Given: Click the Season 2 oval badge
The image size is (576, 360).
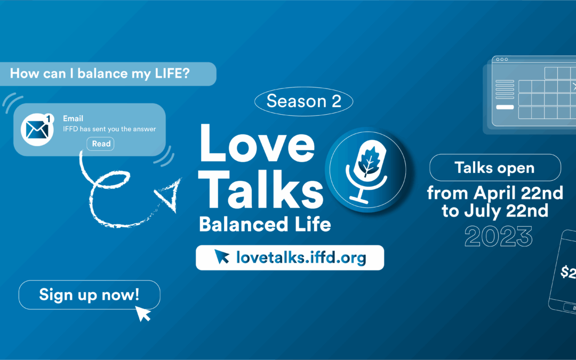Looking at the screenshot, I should point(303,101).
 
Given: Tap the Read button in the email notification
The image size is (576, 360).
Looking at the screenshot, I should point(101,143).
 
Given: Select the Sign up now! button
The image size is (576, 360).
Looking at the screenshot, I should point(89,294).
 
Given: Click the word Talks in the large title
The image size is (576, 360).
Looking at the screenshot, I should point(261,190).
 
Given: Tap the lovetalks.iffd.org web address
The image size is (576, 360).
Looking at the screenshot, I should point(301,258).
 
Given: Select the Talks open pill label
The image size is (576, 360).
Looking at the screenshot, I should point(494,168).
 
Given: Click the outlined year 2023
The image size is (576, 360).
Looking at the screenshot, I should point(498,236).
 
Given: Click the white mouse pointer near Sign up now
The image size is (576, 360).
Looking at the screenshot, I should point(143,313).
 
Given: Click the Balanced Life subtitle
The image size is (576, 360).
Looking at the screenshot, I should point(265,224).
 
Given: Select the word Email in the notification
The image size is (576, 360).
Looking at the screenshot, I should point(73,118).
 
